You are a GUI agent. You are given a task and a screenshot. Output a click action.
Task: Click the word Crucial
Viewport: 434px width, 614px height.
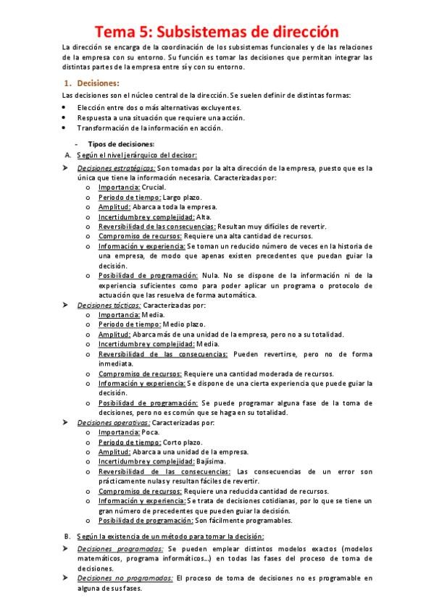tap(154, 187)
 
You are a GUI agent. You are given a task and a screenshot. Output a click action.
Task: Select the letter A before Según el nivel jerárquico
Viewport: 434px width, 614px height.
tap(67, 156)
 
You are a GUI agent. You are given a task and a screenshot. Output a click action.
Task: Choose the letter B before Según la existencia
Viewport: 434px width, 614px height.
tap(67, 536)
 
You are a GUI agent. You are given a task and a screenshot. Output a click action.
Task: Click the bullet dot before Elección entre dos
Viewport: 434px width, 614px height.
tap(64, 106)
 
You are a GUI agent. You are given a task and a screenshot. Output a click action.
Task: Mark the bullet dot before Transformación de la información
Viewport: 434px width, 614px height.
tap(64, 127)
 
